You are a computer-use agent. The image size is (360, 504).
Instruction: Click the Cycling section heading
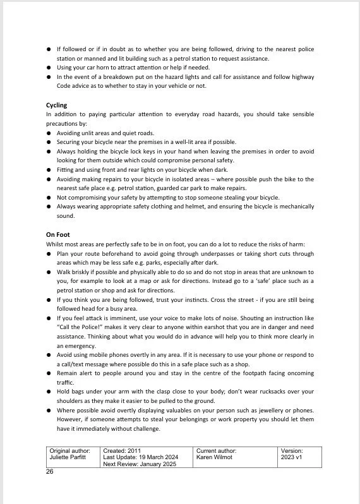point(56,105)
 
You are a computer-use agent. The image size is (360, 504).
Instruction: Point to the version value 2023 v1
point(292,457)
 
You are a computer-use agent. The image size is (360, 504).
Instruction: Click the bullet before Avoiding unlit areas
point(49,134)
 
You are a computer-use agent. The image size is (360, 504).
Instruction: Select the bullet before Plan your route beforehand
point(49,254)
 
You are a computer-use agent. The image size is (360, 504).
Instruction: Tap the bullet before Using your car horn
point(49,68)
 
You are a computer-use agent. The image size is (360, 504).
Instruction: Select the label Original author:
point(71,451)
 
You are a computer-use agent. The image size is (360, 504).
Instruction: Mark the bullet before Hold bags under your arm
point(49,392)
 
